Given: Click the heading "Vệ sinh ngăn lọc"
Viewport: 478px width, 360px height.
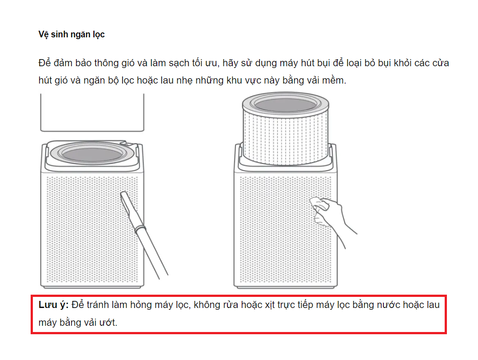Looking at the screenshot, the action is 72,35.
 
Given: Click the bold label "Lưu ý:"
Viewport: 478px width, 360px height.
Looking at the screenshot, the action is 54,305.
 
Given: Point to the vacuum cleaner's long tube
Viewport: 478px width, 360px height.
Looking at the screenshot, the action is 151,252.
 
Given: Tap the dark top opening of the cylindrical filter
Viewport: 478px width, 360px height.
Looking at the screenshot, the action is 285,105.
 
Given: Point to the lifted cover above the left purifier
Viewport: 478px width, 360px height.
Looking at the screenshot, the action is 92,113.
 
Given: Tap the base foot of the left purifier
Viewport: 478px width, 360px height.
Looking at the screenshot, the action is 92,287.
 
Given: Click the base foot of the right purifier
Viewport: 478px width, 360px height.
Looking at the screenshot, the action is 285,287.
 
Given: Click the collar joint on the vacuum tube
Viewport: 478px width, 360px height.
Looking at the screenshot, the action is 140,228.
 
